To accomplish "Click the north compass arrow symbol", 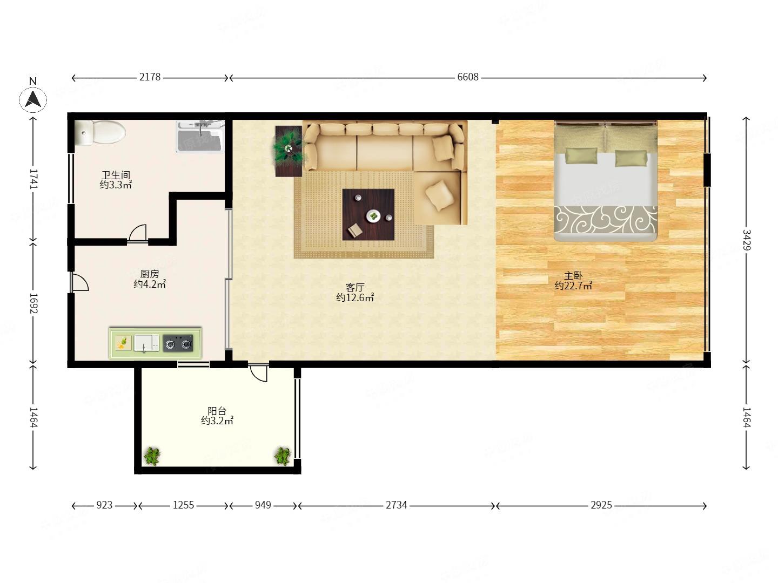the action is pos(33,99).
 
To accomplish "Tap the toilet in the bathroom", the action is pos(100,132).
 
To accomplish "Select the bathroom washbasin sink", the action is pos(200,137).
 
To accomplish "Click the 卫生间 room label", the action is pos(116,175).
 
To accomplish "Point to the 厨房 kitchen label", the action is pos(150,274).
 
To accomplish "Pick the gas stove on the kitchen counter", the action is pos(178,343).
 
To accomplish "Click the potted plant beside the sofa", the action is pos(289,151).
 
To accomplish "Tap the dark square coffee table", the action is pos(368,214).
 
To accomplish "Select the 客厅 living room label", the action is pos(355,287).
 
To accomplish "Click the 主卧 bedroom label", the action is pos(573,275).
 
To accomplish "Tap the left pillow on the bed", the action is pos(581,155).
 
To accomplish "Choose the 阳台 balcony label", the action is pos(217,411).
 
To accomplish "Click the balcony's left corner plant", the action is pos(152,456).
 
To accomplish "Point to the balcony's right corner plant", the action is pos(283,456).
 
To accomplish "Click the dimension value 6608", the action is pos(468,77).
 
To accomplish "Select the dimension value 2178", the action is pos(150,77).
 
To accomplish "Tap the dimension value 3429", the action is pos(747,240).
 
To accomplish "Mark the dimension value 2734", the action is pos(396,505).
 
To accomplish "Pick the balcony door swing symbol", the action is pos(258,372).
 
